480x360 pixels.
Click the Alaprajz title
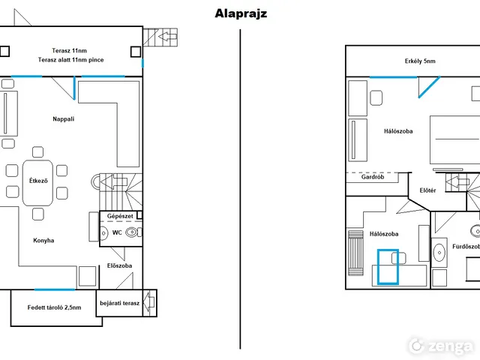pyautogui.click(x=241, y=13)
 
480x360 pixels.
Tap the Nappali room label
pyautogui.click(x=63, y=118)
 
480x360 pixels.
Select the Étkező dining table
pyautogui.click(x=37, y=183)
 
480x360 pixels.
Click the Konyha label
pyautogui.click(x=43, y=240)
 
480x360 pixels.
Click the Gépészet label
pyautogui.click(x=120, y=216)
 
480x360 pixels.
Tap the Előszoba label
pyautogui.click(x=119, y=265)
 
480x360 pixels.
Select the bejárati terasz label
pyautogui.click(x=119, y=303)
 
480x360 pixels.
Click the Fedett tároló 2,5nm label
pyautogui.click(x=54, y=307)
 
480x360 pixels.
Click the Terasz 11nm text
pyautogui.click(x=69, y=50)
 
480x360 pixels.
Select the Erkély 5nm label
pyautogui.click(x=420, y=61)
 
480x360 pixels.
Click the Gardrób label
pyautogui.click(x=372, y=177)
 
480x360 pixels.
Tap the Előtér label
pyautogui.click(x=427, y=190)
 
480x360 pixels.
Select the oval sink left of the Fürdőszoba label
pyautogui.click(x=439, y=253)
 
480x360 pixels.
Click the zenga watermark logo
pyautogui.click(x=441, y=346)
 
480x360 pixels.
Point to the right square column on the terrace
pyautogui.click(x=136, y=52)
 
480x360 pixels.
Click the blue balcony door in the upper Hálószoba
pyautogui.click(x=429, y=87)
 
